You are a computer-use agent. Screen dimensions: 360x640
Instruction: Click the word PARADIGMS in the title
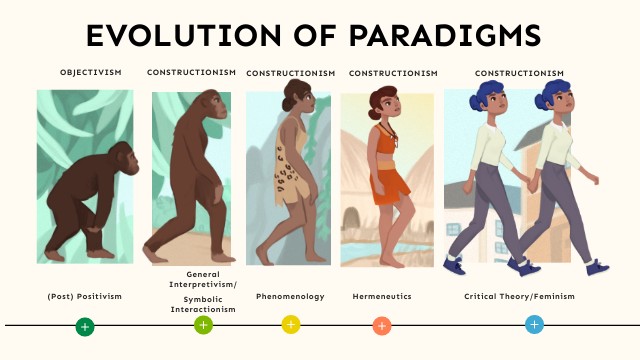(448, 35)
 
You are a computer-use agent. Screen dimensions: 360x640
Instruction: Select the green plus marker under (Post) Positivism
(85, 326)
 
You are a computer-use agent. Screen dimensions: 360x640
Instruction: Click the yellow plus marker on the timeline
(291, 324)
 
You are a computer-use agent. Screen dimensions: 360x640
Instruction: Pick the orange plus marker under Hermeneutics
(381, 325)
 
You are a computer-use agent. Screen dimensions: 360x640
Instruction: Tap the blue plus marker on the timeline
(534, 324)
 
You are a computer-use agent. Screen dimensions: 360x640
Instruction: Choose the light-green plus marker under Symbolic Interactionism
(203, 325)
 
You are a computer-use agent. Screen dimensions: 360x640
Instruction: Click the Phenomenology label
(290, 297)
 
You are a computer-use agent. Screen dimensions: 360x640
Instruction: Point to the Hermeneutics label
(382, 297)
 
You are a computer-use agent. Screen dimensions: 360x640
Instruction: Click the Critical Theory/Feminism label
(519, 297)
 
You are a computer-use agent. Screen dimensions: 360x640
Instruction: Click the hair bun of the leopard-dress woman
(289, 88)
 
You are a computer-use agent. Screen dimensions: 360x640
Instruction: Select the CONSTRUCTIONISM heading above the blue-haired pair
(519, 73)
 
